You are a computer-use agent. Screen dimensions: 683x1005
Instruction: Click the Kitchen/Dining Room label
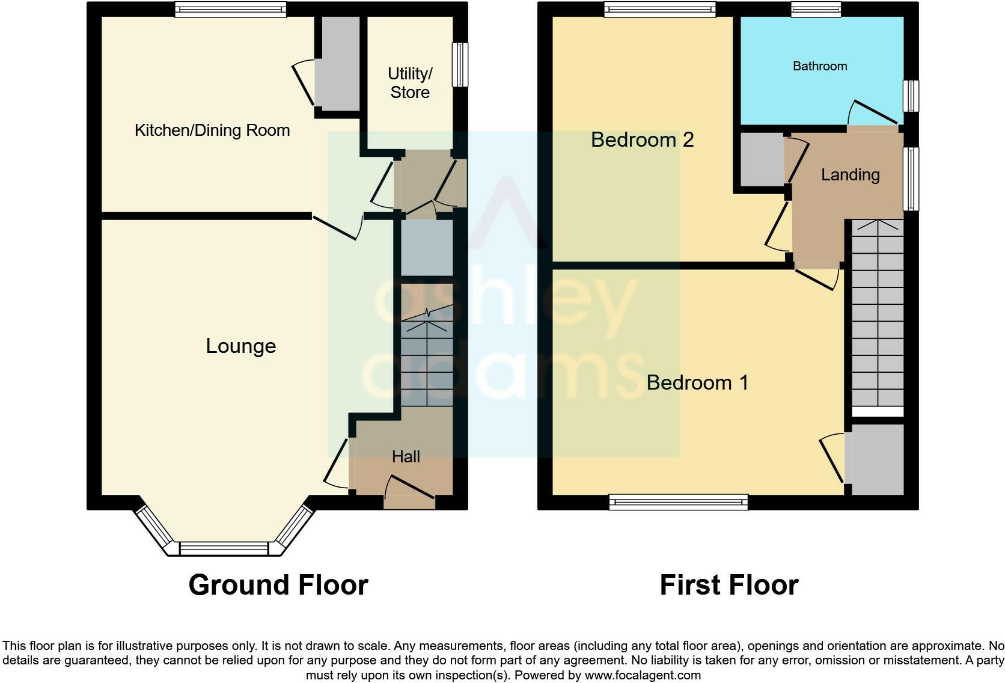(212, 130)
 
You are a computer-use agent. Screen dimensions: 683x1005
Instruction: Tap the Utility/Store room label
(410, 83)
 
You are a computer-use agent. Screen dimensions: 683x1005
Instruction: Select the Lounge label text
(241, 346)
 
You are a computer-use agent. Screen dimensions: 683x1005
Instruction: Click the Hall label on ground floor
(406, 457)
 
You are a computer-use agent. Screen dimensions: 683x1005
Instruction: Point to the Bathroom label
(820, 66)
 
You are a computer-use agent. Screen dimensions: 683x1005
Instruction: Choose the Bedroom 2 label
(642, 139)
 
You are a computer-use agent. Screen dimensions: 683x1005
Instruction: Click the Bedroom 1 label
(697, 382)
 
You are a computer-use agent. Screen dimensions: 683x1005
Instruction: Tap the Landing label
(850, 175)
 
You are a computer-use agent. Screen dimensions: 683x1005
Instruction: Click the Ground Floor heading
(278, 585)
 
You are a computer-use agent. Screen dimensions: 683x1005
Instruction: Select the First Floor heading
(729, 585)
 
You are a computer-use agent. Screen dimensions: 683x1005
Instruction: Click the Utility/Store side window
(460, 64)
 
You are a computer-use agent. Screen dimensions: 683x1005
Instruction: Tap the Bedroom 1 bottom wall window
(678, 502)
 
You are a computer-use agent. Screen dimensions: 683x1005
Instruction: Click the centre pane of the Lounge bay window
(224, 548)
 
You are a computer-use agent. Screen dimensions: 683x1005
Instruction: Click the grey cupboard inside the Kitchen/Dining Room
(338, 63)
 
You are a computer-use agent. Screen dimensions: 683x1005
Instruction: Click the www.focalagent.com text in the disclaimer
(643, 675)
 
